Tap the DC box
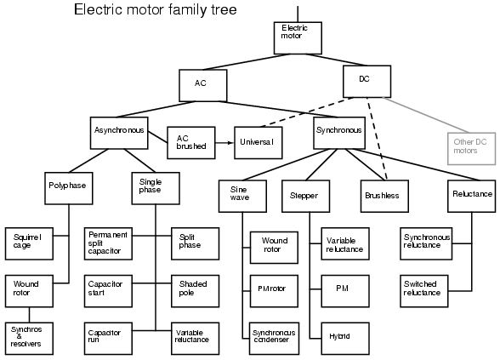coord(366,83)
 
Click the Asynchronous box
coord(121,132)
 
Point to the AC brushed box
coord(188,141)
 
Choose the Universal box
coord(258,142)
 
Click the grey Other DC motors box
coord(470,146)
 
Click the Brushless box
coord(384,194)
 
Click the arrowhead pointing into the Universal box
coord(230,142)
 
